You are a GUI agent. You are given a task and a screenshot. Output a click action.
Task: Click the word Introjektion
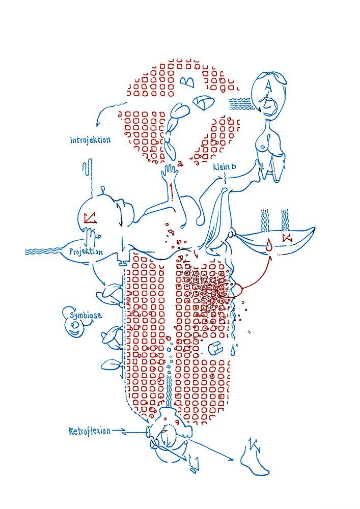point(90,140)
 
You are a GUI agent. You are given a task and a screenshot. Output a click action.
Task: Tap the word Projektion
point(86,251)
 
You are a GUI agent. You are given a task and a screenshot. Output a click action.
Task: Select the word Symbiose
point(86,315)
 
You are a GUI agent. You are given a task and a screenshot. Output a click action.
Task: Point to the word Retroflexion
point(90,431)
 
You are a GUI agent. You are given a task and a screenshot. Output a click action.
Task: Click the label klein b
point(225,167)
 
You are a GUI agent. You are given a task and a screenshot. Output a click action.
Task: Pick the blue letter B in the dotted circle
point(187,82)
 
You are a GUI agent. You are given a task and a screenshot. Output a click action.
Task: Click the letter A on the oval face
point(268,86)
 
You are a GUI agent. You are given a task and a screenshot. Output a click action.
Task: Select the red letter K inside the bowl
point(287,238)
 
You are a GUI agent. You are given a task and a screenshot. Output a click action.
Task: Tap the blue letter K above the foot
point(254,445)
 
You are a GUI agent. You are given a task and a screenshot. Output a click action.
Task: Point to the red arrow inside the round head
point(90,218)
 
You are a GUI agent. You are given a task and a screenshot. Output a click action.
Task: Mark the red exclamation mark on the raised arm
point(172,191)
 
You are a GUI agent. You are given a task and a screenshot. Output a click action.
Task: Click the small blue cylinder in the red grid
point(216,348)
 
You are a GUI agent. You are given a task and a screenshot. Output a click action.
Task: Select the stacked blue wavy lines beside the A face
point(240,104)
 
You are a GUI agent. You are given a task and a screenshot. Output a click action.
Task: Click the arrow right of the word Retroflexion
point(119,431)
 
